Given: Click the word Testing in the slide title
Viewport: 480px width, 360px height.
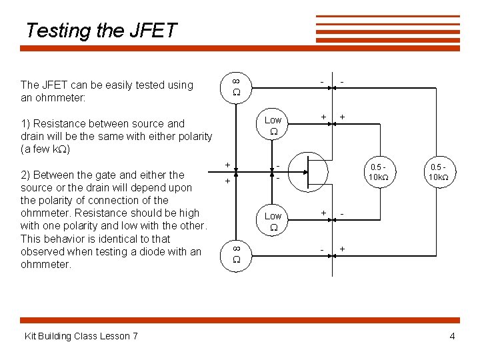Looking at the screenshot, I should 56,31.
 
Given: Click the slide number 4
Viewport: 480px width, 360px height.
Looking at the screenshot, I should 452,336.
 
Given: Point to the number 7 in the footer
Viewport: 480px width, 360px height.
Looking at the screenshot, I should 135,336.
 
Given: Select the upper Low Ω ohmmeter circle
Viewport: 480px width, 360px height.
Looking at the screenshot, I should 273,125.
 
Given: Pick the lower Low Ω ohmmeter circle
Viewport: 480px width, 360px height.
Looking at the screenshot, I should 273,221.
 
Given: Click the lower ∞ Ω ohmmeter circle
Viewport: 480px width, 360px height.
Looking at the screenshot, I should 237,255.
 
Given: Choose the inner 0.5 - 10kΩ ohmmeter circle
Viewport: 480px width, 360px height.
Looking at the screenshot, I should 378,171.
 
